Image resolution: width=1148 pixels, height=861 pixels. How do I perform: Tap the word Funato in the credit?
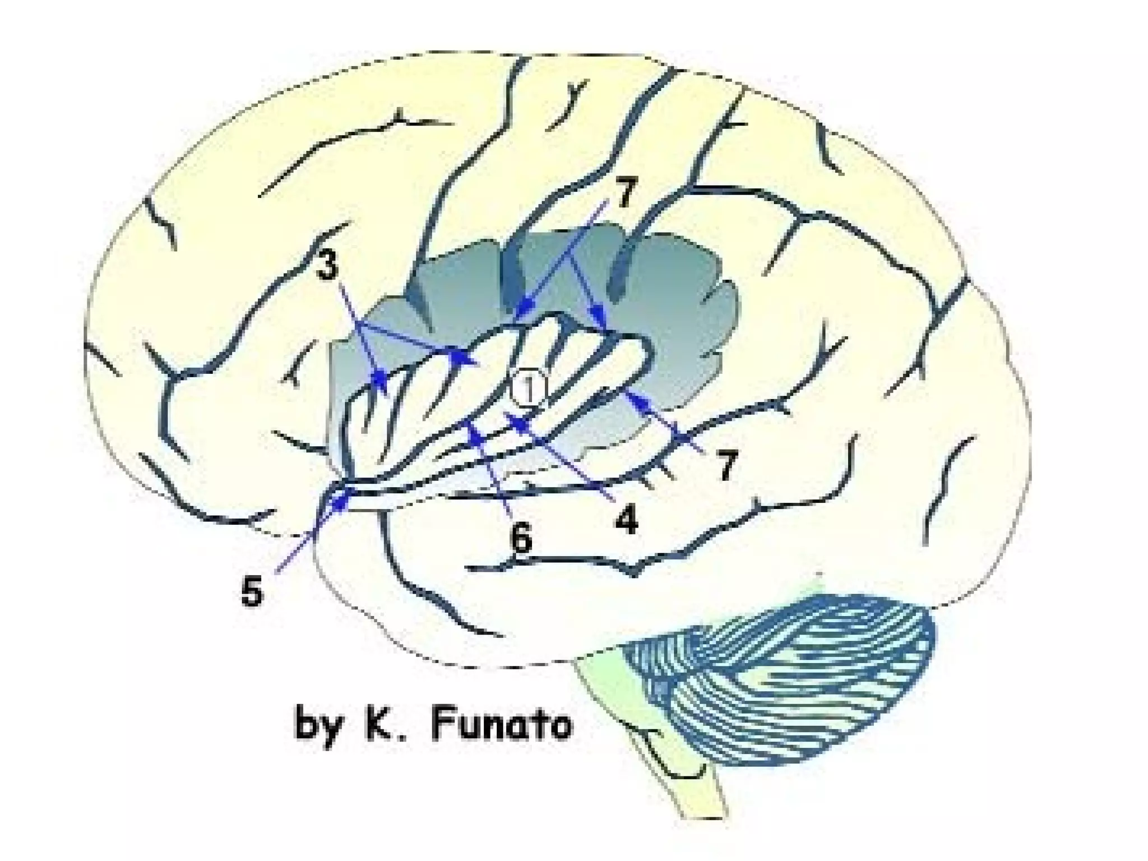coord(501,725)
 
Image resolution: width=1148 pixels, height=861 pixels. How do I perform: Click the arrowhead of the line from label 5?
coord(341,499)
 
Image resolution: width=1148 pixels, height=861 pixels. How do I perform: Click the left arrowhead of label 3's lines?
coord(381,377)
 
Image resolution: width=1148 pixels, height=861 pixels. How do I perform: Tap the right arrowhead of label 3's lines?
coord(461,357)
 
